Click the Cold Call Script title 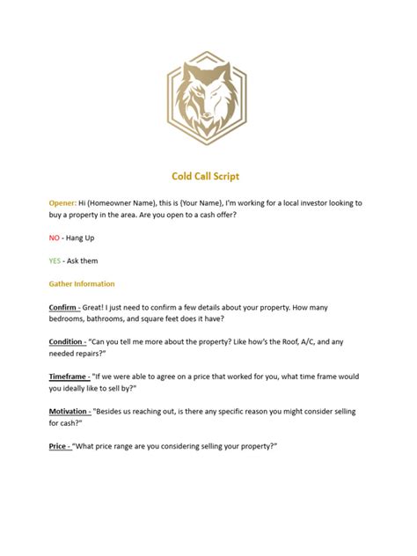(x=208, y=177)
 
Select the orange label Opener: (x=62, y=203)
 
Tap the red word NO (x=55, y=238)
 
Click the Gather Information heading (x=82, y=284)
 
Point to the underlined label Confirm (x=64, y=307)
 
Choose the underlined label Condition (x=68, y=341)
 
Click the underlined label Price (x=58, y=446)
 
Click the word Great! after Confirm (x=99, y=307)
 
